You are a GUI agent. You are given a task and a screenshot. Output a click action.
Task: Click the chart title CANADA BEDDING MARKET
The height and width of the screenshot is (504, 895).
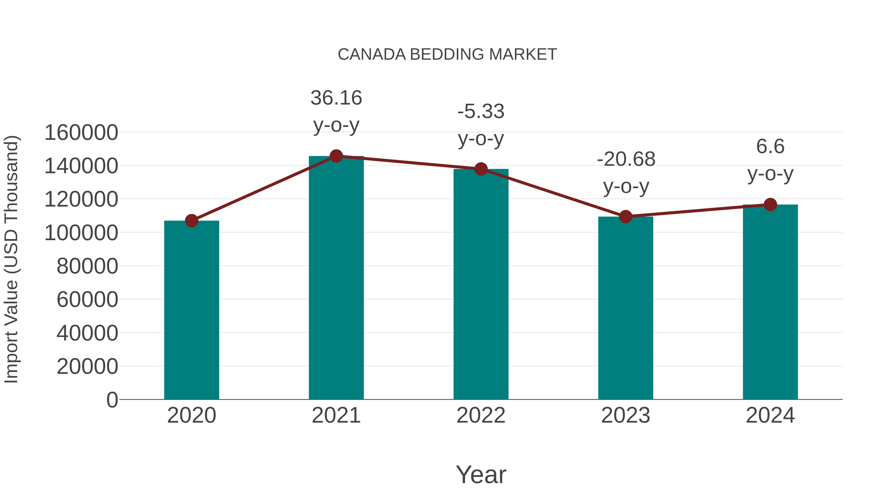[447, 55]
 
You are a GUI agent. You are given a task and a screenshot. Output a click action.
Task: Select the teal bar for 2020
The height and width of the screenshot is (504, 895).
[191, 310]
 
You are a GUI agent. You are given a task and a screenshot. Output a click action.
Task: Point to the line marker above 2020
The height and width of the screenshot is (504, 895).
[191, 221]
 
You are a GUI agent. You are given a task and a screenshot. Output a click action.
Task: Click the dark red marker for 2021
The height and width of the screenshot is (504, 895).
[336, 156]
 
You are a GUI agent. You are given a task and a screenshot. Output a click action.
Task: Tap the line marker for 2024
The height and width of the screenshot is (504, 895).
[770, 205]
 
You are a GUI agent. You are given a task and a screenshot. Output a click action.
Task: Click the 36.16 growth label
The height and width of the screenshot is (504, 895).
[336, 98]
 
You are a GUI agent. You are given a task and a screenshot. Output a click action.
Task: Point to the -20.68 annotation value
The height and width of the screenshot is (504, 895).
[626, 159]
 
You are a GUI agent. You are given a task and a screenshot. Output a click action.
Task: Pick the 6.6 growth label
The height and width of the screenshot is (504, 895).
[770, 146]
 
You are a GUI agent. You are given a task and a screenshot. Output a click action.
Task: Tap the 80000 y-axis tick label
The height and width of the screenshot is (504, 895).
[87, 266]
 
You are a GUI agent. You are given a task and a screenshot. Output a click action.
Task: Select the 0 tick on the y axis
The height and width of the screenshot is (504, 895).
[112, 400]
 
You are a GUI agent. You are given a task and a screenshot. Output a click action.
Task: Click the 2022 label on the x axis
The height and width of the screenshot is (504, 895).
[481, 415]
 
